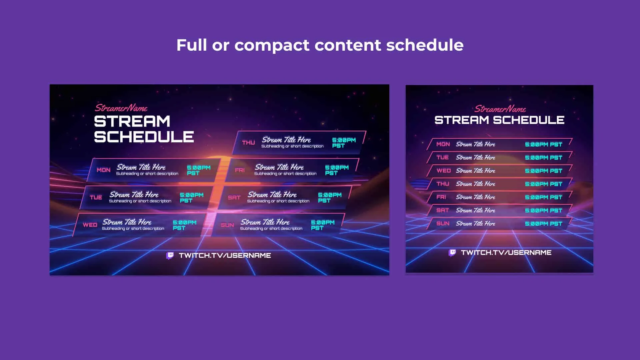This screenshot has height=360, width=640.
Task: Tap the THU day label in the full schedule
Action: (248, 143)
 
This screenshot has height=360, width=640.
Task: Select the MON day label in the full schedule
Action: (103, 170)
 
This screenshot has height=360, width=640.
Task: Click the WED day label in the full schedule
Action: (90, 225)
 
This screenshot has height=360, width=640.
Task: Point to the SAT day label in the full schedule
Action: (234, 198)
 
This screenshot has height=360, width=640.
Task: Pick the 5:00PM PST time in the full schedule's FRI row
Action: (337, 170)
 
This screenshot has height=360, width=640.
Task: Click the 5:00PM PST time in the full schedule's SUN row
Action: (322, 225)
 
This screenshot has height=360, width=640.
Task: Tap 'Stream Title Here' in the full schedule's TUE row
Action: (134, 195)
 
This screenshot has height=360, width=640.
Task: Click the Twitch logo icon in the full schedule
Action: (170, 256)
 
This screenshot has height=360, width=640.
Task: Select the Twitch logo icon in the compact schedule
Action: (452, 253)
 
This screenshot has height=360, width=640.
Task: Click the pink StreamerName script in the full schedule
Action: (121, 108)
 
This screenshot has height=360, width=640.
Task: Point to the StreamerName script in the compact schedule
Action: (500, 109)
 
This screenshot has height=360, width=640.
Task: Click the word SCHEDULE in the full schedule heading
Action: (144, 137)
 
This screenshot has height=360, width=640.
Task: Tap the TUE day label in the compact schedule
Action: (443, 157)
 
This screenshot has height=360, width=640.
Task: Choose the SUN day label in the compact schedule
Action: (443, 224)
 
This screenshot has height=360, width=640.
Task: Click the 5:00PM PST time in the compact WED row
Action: (543, 171)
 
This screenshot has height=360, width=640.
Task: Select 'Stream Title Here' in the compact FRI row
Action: (475, 197)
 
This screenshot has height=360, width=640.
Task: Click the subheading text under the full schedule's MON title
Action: (147, 174)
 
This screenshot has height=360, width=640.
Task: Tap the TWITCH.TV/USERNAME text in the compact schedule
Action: (506, 253)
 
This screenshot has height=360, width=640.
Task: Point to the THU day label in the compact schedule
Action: (443, 184)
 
